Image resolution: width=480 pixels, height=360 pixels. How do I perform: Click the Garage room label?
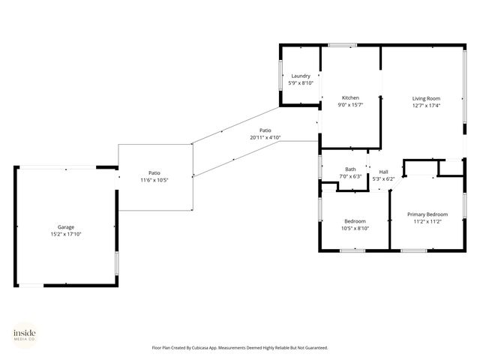(x=66, y=226)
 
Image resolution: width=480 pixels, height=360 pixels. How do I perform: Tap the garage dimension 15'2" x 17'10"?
(x=66, y=234)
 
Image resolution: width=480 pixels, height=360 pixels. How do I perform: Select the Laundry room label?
(x=301, y=76)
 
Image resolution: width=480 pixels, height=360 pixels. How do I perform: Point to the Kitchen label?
(x=350, y=97)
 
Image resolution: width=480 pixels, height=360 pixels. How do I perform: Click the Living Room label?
(x=426, y=98)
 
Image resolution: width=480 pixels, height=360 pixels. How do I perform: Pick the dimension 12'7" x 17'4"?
(x=426, y=106)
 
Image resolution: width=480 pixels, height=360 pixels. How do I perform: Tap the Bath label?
(x=350, y=169)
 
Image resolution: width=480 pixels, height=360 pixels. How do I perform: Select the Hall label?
(x=383, y=172)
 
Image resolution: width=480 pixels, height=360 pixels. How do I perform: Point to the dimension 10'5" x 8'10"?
(x=355, y=228)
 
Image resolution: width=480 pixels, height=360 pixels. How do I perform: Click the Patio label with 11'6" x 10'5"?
(x=154, y=173)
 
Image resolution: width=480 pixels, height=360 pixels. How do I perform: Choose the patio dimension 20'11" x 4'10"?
(x=265, y=138)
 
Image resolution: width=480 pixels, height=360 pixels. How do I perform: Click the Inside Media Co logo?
(x=24, y=334)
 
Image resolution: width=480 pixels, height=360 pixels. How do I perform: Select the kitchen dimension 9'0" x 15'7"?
(x=350, y=105)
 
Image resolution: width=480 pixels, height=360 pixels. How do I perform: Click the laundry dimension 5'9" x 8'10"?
(x=301, y=82)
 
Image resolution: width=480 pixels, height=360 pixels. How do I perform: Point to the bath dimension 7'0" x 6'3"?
(x=350, y=176)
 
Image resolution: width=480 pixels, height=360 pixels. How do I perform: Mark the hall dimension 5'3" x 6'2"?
(x=383, y=179)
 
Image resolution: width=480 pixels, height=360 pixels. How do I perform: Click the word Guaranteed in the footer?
(x=313, y=348)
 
